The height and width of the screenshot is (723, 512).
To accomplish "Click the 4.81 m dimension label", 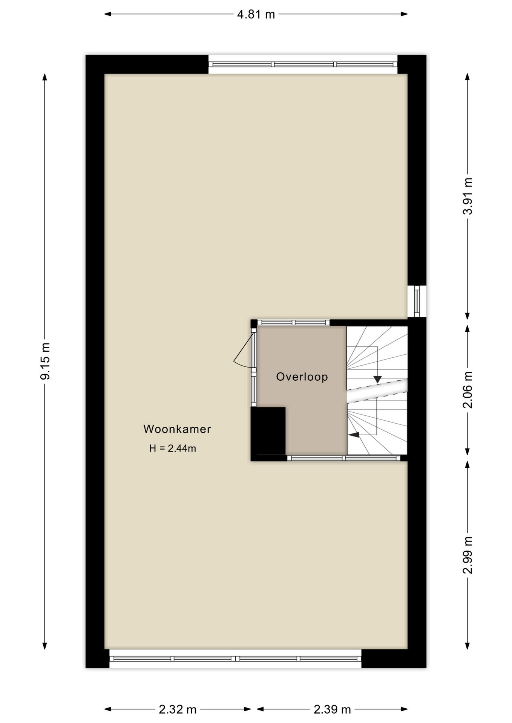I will pos(256,15).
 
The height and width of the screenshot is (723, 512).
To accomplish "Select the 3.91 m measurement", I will pos(467,196).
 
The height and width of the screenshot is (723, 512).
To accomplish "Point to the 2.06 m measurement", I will pos(467,390).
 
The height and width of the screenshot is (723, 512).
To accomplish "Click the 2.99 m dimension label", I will pos(467,555).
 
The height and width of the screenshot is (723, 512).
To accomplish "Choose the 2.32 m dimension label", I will pos(177,709).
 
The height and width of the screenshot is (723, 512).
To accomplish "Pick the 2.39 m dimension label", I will pos(332,709).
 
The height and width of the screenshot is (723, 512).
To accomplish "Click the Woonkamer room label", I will pos(177,429).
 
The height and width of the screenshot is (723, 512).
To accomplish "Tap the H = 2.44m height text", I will pos(172,448).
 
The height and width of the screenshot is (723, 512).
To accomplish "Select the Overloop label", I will pos(302,377).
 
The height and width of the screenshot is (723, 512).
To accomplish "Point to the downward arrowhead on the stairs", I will pos(377,379).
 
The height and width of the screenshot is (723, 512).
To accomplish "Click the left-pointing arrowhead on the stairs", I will pos(353,435).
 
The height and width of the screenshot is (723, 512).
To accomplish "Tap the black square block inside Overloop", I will pos(268,431).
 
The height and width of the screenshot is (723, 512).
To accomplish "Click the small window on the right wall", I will pos(417,301).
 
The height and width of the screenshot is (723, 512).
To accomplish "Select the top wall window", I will pos(303,64).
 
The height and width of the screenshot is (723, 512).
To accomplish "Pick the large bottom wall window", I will pos(235,659).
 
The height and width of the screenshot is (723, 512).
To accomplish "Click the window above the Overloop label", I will pos(294,322).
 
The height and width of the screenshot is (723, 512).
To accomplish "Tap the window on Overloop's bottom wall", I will pos(344,458).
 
